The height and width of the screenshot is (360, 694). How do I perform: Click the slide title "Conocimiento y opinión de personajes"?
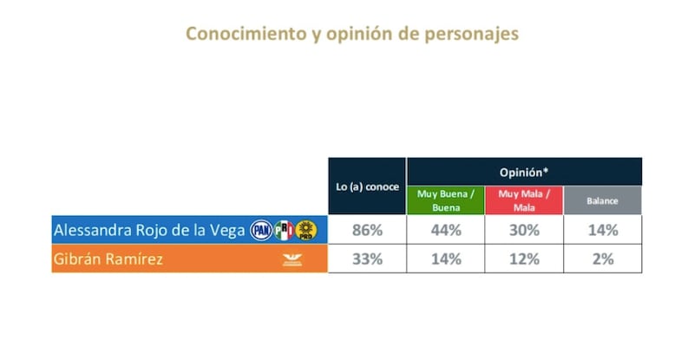coord(352,34)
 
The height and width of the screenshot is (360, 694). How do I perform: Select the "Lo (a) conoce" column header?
coord(367,187)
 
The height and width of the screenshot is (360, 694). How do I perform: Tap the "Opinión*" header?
coord(524,172)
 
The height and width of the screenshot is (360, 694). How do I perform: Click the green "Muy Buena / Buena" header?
coord(445,200)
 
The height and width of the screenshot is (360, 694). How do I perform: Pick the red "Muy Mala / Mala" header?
coord(524,200)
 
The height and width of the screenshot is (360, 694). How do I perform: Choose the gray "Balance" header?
coord(602,200)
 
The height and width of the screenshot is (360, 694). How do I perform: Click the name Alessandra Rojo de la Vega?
coord(148,230)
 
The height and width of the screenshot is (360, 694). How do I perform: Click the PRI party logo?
coord(284,230)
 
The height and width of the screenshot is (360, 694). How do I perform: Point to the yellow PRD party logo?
coord(305,230)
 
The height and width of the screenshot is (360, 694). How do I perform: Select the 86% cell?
coord(367,230)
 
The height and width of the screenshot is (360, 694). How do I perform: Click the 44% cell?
coord(445,230)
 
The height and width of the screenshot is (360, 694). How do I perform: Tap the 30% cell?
coord(524,230)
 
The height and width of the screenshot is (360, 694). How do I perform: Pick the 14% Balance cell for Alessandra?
coord(602,230)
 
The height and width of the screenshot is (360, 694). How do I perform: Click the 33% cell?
coord(367,259)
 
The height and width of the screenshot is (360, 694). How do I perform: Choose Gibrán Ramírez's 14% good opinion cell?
coord(445,259)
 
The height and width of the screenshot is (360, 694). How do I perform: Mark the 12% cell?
coord(524,259)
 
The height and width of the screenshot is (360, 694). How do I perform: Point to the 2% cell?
coord(602,259)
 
